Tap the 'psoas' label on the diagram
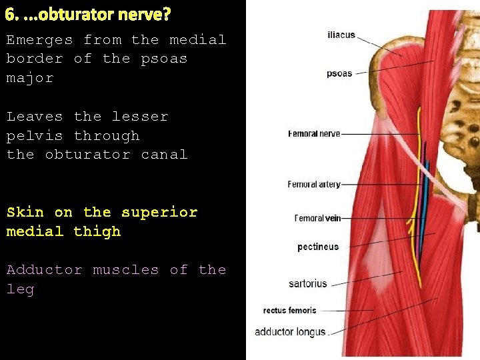click(x=339, y=73)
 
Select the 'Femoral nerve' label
click(x=313, y=134)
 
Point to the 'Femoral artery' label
click(x=314, y=185)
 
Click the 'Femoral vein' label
click(x=318, y=218)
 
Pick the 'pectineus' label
click(x=318, y=247)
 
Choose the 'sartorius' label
click(x=308, y=283)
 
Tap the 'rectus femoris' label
click(x=290, y=311)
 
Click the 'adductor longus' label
click(x=290, y=332)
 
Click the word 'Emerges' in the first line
click(x=39, y=40)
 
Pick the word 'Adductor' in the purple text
click(x=44, y=270)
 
